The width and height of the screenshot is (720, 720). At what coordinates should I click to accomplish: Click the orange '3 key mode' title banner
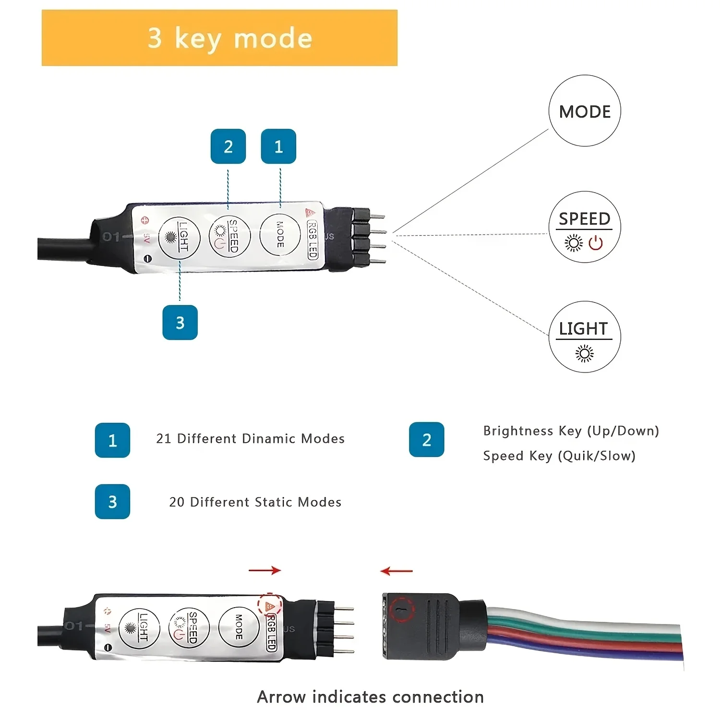[x=219, y=38]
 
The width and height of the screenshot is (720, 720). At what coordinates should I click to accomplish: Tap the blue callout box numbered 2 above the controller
[x=228, y=146]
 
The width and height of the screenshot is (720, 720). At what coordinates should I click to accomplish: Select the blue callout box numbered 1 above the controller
[x=278, y=146]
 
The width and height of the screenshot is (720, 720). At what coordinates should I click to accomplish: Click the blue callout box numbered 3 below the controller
[x=180, y=323]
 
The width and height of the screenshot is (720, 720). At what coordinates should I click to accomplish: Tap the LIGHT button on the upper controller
[x=179, y=237]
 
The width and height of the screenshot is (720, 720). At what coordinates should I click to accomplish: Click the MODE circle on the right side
[x=585, y=111]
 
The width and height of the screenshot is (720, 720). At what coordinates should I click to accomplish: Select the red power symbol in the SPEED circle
[x=596, y=243]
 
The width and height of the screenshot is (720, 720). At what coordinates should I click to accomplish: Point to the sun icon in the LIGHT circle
[x=584, y=354]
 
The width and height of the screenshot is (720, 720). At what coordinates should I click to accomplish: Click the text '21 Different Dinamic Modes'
[x=250, y=439]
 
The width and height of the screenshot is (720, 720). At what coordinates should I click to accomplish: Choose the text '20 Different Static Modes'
[x=255, y=502]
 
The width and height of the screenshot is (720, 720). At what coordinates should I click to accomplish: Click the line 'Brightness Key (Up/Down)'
[x=571, y=431]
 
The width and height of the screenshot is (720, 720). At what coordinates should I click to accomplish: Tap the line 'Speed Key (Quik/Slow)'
[x=559, y=456]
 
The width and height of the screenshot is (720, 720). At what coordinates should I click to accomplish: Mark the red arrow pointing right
[x=265, y=570]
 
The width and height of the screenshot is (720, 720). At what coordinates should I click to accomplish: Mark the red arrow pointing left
[x=396, y=571]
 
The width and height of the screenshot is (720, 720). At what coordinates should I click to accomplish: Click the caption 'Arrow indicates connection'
[x=370, y=697]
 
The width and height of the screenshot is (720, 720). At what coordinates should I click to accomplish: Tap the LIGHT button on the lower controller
[x=139, y=628]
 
